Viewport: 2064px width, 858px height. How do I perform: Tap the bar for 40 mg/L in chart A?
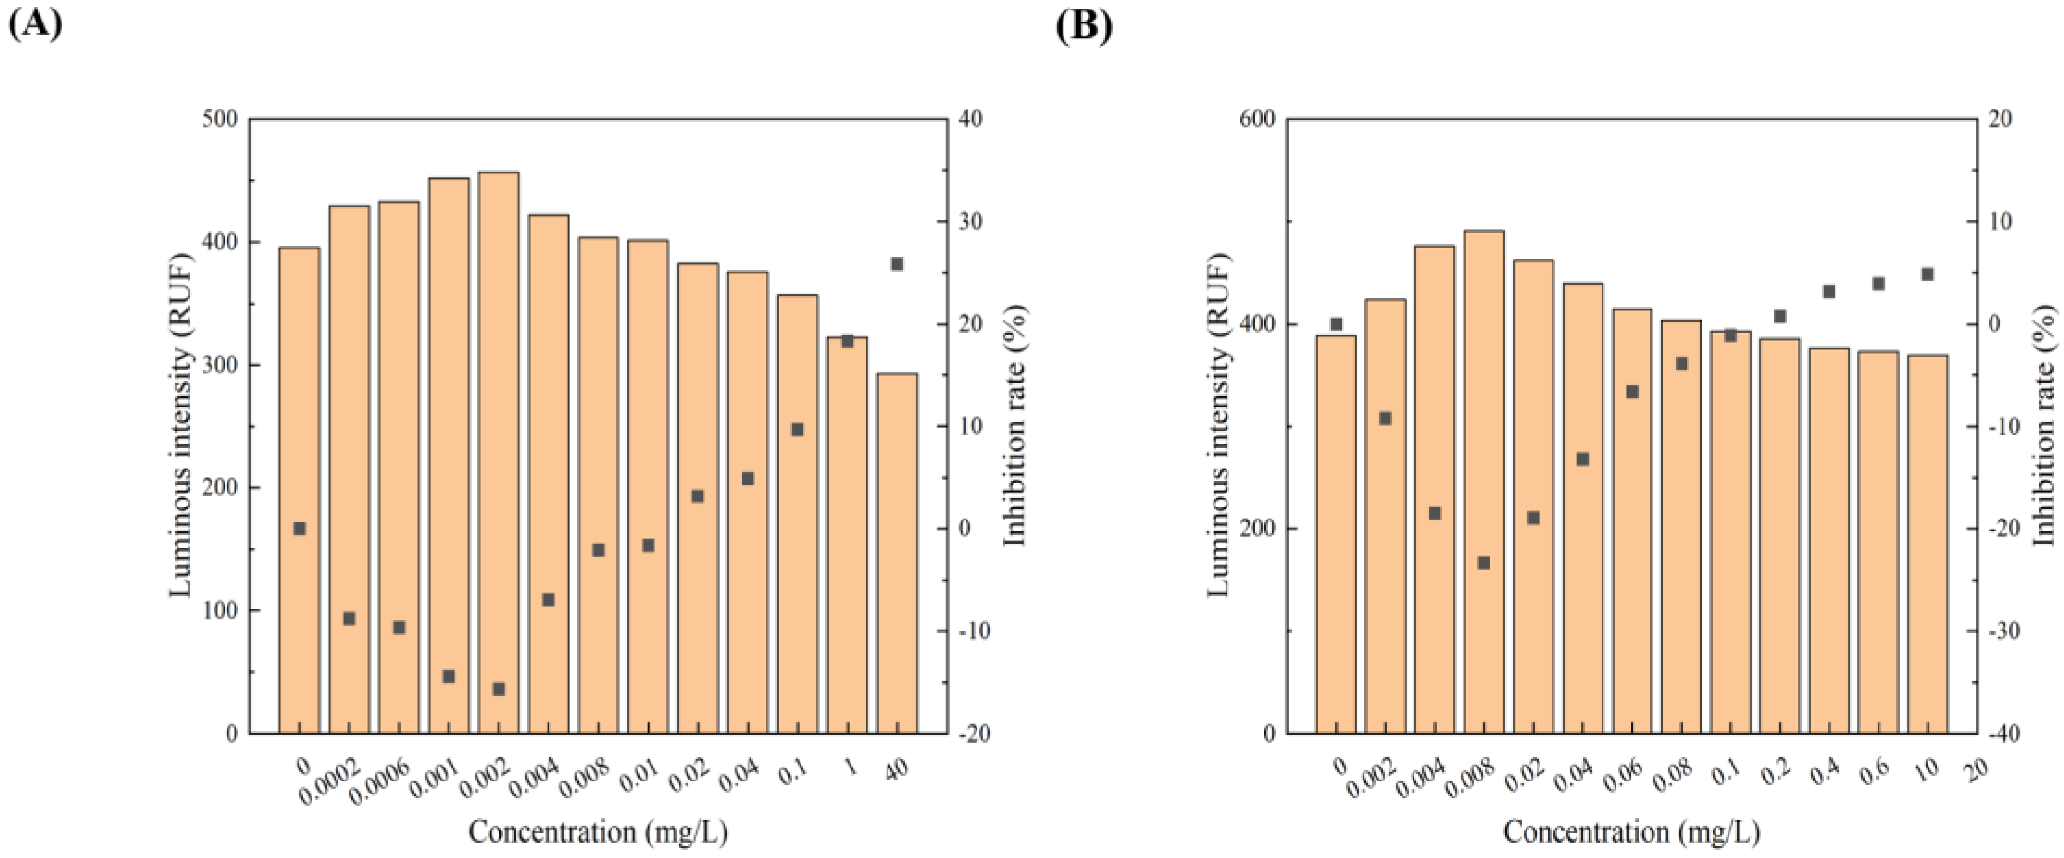pos(896,553)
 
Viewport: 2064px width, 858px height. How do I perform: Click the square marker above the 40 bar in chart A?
pos(896,264)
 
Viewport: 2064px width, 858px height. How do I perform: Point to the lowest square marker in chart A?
pos(498,689)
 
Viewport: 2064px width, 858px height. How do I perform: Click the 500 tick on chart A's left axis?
pos(221,119)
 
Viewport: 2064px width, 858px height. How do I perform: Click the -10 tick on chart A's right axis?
pos(972,631)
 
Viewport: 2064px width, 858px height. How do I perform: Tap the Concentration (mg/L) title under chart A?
pos(598,832)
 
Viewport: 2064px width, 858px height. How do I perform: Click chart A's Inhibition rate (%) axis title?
pos(1014,425)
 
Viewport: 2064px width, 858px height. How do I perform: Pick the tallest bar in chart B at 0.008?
pos(1484,481)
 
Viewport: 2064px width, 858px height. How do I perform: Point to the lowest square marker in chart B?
pos(1484,563)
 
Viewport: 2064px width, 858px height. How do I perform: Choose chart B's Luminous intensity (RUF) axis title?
pos(1218,425)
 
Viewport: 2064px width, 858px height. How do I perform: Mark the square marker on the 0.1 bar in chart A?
pos(797,430)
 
